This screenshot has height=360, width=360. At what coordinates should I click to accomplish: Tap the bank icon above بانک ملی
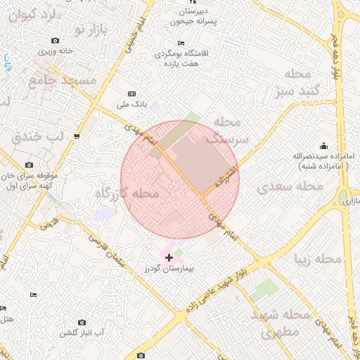pos(131,94)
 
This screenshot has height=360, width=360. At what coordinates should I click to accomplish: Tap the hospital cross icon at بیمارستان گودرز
pos(169,258)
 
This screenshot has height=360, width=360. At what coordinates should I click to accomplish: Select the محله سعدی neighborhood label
pos(290,186)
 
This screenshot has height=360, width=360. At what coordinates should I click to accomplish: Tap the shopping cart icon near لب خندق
pos(77,136)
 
